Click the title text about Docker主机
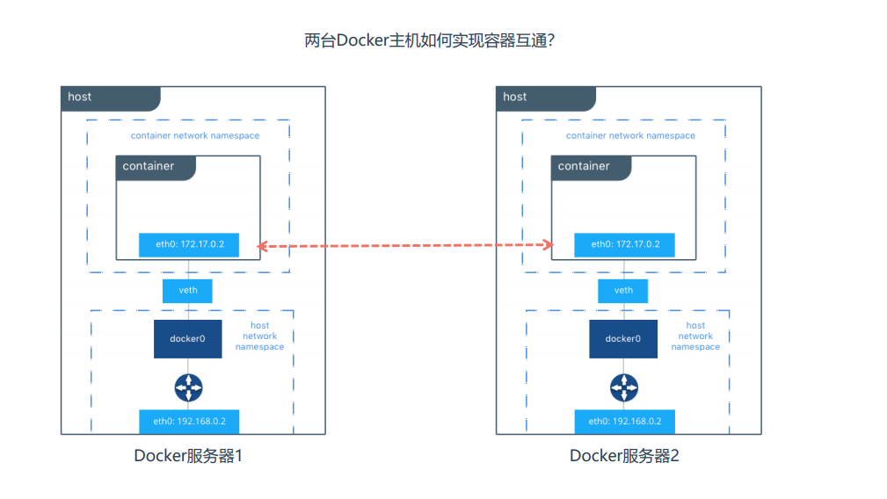(429, 40)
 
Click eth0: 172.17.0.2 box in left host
(188, 244)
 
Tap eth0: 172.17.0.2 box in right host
(624, 244)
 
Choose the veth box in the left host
(187, 290)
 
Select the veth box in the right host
(623, 290)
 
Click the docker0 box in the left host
(187, 339)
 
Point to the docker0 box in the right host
(623, 339)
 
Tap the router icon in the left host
(188, 387)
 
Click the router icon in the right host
(624, 387)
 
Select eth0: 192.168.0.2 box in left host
(189, 422)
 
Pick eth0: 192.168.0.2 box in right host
(624, 422)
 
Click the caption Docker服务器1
(187, 456)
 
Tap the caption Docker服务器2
(623, 456)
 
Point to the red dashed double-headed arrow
(404, 247)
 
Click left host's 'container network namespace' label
(195, 136)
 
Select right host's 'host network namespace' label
(695, 336)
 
